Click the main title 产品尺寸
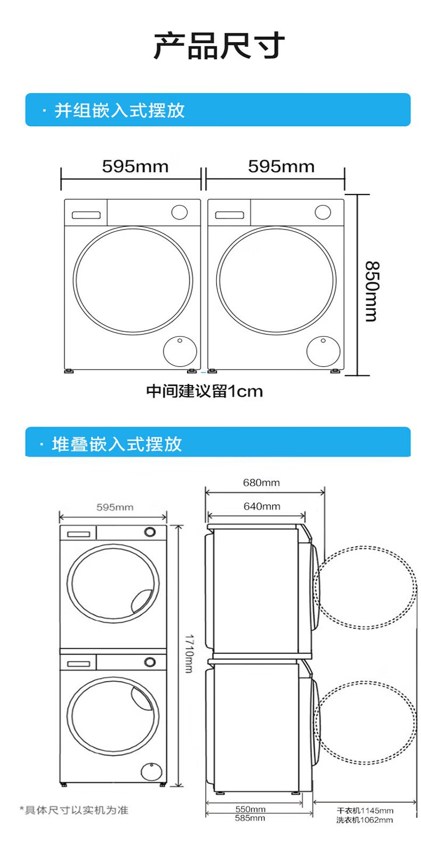[x=219, y=46]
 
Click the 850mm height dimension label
[x=371, y=291]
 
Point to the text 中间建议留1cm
[x=205, y=391]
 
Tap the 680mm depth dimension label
[x=261, y=483]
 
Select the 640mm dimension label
[x=262, y=506]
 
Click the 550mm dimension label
[x=250, y=809]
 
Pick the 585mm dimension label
[x=250, y=818]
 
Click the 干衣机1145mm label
[x=365, y=811]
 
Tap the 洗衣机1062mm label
[x=365, y=820]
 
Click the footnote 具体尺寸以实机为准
[x=74, y=810]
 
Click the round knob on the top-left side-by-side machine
[x=180, y=212]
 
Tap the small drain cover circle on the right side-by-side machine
[x=323, y=351]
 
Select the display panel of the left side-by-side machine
[x=86, y=215]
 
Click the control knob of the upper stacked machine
[x=150, y=532]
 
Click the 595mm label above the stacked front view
[x=115, y=507]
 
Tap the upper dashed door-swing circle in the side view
[x=365, y=587]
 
